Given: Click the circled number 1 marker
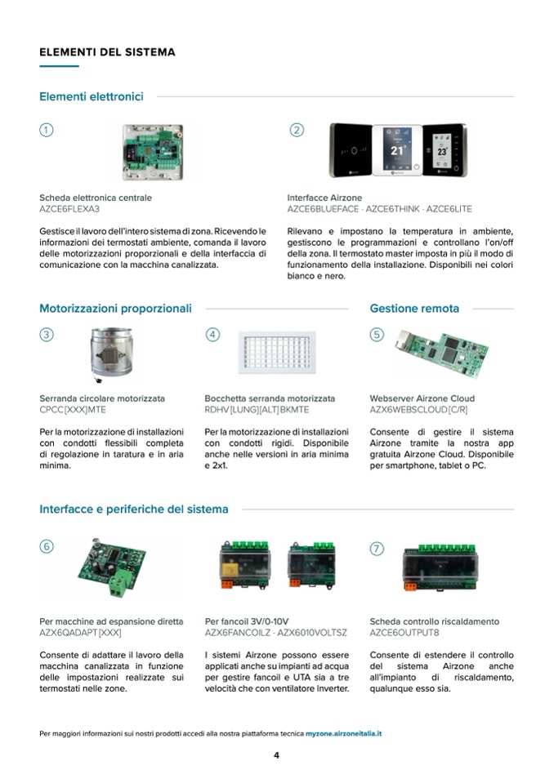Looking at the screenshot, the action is coord(46,130).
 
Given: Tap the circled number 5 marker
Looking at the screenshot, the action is coord(377,335).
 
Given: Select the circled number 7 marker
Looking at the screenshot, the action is coord(377,549).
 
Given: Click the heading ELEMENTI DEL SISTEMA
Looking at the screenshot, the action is coord(107,52).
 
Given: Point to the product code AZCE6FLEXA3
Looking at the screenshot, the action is coord(69,209).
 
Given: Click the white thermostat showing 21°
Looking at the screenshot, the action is coord(397,150).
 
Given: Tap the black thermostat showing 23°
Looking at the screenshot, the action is coord(445,150).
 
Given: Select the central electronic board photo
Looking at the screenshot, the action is coord(153,152).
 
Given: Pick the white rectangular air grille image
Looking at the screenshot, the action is coord(277,352).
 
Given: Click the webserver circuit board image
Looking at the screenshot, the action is coord(441,352).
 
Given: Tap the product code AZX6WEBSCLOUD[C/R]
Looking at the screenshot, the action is coord(418,410).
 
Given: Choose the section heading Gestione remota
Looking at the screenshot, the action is coord(414,309).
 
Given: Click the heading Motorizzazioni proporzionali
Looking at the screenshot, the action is coord(115,309).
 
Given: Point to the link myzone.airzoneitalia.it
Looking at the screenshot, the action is coord(344,733).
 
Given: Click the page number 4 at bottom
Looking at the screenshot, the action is coord(276,755).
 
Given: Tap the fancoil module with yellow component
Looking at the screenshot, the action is coord(245,564).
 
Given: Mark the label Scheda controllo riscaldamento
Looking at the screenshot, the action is coord(434,621).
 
